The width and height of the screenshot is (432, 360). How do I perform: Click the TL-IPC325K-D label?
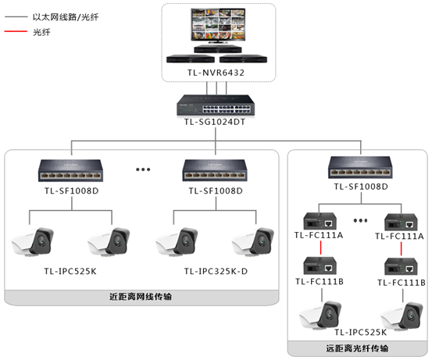216,271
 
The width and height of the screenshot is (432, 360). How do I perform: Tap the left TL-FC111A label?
318,236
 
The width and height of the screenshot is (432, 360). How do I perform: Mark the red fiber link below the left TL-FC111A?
318,249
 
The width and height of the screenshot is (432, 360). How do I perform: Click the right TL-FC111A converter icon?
401,217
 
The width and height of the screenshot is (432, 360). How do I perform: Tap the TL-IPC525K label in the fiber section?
360,333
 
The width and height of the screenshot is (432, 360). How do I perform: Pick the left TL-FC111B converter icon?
318,264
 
